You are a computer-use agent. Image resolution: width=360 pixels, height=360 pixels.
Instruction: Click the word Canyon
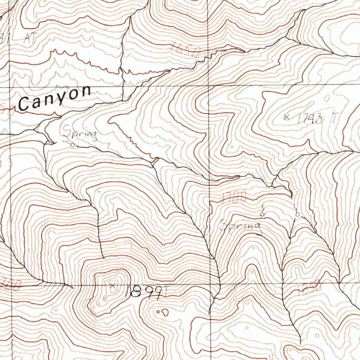click(x=54, y=98)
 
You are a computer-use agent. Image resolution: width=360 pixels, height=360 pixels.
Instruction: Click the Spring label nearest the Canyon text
click(x=80, y=133)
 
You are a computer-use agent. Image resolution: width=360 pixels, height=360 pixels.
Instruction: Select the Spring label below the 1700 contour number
click(x=240, y=227)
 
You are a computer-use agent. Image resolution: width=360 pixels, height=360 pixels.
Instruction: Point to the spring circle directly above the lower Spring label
click(x=262, y=213)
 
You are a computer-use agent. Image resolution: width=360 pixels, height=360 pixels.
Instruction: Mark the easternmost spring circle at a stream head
click(x=298, y=213)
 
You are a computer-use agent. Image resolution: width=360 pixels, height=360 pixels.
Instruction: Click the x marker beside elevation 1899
click(x=113, y=285)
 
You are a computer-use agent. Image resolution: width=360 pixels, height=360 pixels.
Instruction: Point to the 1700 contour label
click(x=234, y=197)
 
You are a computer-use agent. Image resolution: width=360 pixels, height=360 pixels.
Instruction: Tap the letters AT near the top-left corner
click(x=30, y=38)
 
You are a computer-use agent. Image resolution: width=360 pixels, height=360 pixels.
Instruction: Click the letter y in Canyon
click(x=61, y=100)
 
